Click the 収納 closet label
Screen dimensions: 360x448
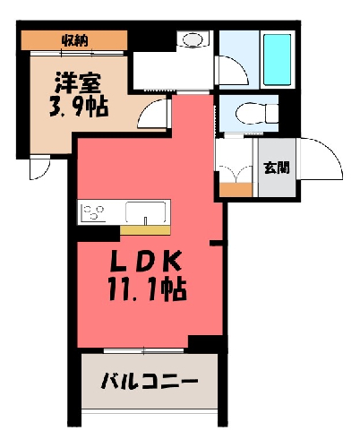click(x=75, y=40)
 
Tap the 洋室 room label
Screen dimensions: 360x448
click(x=78, y=82)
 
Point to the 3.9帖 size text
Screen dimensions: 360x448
click(x=79, y=107)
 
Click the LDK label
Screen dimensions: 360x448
click(x=146, y=261)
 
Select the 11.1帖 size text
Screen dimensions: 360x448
click(x=147, y=289)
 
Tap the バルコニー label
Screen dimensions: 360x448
click(x=150, y=382)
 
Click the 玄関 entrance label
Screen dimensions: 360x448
click(x=277, y=168)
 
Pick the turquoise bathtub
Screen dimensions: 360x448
click(x=278, y=60)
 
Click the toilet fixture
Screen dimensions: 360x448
click(x=257, y=113)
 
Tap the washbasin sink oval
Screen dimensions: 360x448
click(x=193, y=39)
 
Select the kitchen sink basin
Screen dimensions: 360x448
click(x=145, y=212)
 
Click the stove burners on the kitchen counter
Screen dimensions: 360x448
click(x=93, y=212)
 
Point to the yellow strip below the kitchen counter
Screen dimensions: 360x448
click(x=145, y=230)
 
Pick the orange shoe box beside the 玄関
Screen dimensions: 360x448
click(x=236, y=190)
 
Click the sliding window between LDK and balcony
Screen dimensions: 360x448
click(x=143, y=350)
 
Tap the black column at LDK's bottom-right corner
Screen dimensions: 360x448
click(x=208, y=344)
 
